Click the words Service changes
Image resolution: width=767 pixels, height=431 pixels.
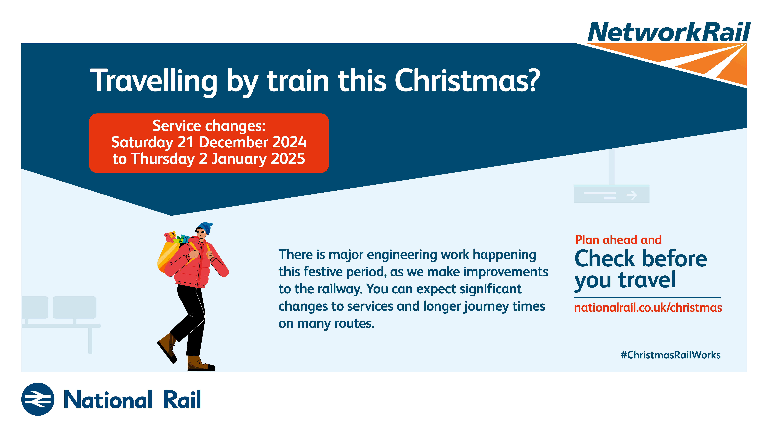pyautogui.click(x=209, y=126)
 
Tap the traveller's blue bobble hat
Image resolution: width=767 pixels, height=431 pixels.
pyautogui.click(x=205, y=228)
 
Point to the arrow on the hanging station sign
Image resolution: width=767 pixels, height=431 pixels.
pyautogui.click(x=631, y=195)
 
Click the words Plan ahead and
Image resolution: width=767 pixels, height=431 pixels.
pyautogui.click(x=618, y=240)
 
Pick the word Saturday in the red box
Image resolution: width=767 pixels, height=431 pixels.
pyautogui.click(x=142, y=142)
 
